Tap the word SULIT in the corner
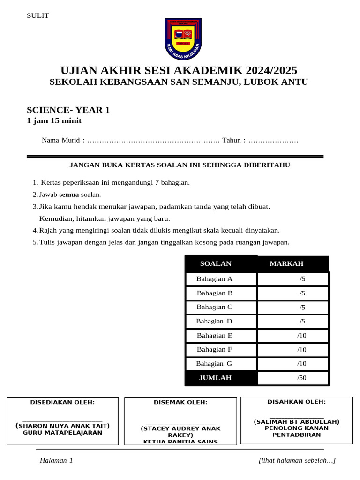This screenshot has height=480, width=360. (x=38, y=15)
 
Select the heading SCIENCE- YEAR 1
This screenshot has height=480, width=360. (x=68, y=110)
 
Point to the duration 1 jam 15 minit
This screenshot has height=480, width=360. (x=54, y=121)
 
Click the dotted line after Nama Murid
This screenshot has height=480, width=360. (x=154, y=140)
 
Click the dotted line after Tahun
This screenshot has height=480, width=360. (x=273, y=140)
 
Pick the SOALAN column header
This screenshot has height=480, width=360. (x=216, y=263)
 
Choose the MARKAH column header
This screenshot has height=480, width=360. (x=286, y=263)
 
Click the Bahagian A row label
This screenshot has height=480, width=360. (x=214, y=279)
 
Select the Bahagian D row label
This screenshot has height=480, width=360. (x=214, y=321)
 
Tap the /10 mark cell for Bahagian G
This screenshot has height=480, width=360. (x=301, y=363)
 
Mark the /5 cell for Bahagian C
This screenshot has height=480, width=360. (x=302, y=307)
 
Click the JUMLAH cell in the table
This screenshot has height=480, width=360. (x=216, y=377)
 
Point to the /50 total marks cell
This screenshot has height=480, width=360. (x=301, y=377)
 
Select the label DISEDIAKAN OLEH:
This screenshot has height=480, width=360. (x=62, y=402)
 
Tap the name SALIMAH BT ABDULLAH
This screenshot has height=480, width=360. (x=297, y=422)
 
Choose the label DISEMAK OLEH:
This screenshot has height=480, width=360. (x=180, y=402)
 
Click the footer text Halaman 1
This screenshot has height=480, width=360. (x=56, y=461)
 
